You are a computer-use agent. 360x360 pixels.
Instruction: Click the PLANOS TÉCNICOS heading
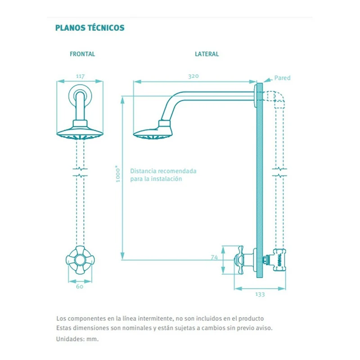(90, 28)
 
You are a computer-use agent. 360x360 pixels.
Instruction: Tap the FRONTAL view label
(82, 54)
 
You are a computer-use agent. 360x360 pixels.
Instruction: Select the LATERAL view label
(207, 54)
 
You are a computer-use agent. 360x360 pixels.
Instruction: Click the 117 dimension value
(81, 76)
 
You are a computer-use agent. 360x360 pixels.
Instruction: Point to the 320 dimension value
(193, 76)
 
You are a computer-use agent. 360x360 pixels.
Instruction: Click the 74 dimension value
(214, 257)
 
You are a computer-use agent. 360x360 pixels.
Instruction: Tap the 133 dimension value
(260, 294)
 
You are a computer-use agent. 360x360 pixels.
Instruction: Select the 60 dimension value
(80, 286)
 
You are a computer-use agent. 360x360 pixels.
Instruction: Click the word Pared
(283, 78)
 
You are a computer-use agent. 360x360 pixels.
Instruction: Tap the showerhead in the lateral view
(153, 130)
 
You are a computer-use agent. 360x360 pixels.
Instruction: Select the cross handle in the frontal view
(80, 260)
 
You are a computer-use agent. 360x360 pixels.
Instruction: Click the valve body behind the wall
(279, 260)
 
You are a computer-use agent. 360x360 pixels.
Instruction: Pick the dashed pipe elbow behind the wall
(276, 99)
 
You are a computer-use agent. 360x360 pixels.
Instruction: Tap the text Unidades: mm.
(77, 339)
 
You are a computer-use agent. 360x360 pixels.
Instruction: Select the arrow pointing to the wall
(268, 80)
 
